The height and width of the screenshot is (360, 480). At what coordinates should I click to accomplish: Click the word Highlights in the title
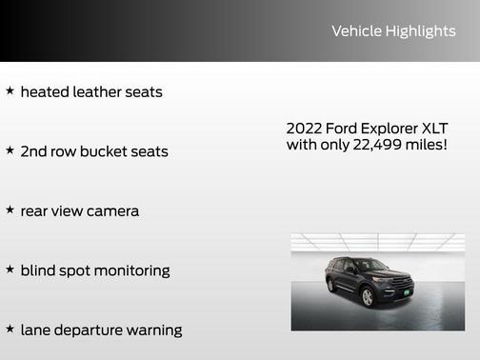[420, 31]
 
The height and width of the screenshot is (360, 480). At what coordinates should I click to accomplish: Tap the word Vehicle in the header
[356, 31]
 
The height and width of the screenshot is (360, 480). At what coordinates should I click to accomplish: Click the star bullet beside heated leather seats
[10, 91]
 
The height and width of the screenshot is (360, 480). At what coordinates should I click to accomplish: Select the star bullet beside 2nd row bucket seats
[10, 150]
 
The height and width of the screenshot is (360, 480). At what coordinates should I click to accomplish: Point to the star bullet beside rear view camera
[10, 210]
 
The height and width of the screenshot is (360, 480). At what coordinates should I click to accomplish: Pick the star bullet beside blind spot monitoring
[10, 270]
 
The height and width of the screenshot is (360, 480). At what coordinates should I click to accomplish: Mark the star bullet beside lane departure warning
[10, 329]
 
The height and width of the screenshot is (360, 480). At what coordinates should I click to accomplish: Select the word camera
[112, 211]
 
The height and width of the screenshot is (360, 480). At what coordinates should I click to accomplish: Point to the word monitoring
[130, 270]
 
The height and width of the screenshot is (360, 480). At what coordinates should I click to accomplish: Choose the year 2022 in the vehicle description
[304, 129]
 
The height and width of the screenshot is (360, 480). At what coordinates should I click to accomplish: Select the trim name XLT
[433, 129]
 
